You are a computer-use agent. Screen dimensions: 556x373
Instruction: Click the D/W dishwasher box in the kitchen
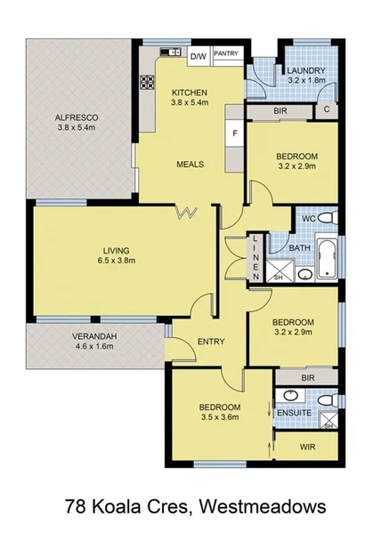tap(199, 56)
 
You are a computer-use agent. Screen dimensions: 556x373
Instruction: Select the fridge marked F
tap(234, 134)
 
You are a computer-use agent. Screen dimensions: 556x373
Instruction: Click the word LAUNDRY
tap(304, 70)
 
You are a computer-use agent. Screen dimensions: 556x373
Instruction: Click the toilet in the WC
tap(325, 217)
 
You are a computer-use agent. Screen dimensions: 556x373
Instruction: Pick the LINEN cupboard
tap(255, 258)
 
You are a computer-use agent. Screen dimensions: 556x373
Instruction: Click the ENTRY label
tap(210, 342)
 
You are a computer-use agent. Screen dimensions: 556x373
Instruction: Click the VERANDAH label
tap(93, 336)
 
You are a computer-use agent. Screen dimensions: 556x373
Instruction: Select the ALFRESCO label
tap(76, 117)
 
